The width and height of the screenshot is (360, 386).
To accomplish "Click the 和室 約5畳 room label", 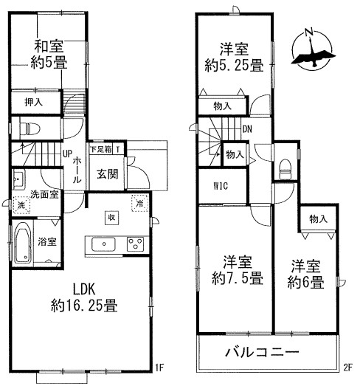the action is (x=49, y=55).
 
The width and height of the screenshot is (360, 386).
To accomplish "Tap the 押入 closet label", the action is (x=34, y=102).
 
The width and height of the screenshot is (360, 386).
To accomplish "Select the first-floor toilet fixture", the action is (x=30, y=128).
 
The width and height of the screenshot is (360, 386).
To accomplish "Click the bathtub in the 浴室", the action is (x=22, y=244).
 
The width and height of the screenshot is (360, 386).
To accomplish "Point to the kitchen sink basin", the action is (x=103, y=244).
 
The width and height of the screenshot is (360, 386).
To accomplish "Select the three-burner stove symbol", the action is (x=135, y=244).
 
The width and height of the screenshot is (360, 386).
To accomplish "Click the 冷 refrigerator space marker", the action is (x=139, y=203).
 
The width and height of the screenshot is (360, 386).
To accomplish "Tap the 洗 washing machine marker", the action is (x=21, y=204).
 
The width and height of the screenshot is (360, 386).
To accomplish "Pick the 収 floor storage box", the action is (x=112, y=218).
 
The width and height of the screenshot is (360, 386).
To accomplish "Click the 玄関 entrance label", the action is (x=108, y=174).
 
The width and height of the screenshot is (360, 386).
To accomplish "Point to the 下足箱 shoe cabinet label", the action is (x=101, y=149).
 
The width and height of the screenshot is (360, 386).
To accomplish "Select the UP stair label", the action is (x=67, y=154).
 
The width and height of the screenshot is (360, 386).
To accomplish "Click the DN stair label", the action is (x=247, y=129).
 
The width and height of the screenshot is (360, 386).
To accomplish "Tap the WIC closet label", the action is (x=221, y=186).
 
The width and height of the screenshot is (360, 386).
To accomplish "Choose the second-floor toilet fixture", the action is (x=285, y=169).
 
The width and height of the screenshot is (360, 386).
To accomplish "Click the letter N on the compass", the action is (x=309, y=32).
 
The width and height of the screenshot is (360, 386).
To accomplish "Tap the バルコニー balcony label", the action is (x=263, y=352).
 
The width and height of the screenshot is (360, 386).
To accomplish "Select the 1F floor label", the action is (x=159, y=368).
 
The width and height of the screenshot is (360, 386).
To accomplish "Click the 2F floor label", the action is (x=348, y=368).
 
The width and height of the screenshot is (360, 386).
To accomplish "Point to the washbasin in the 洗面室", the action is (x=18, y=179).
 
